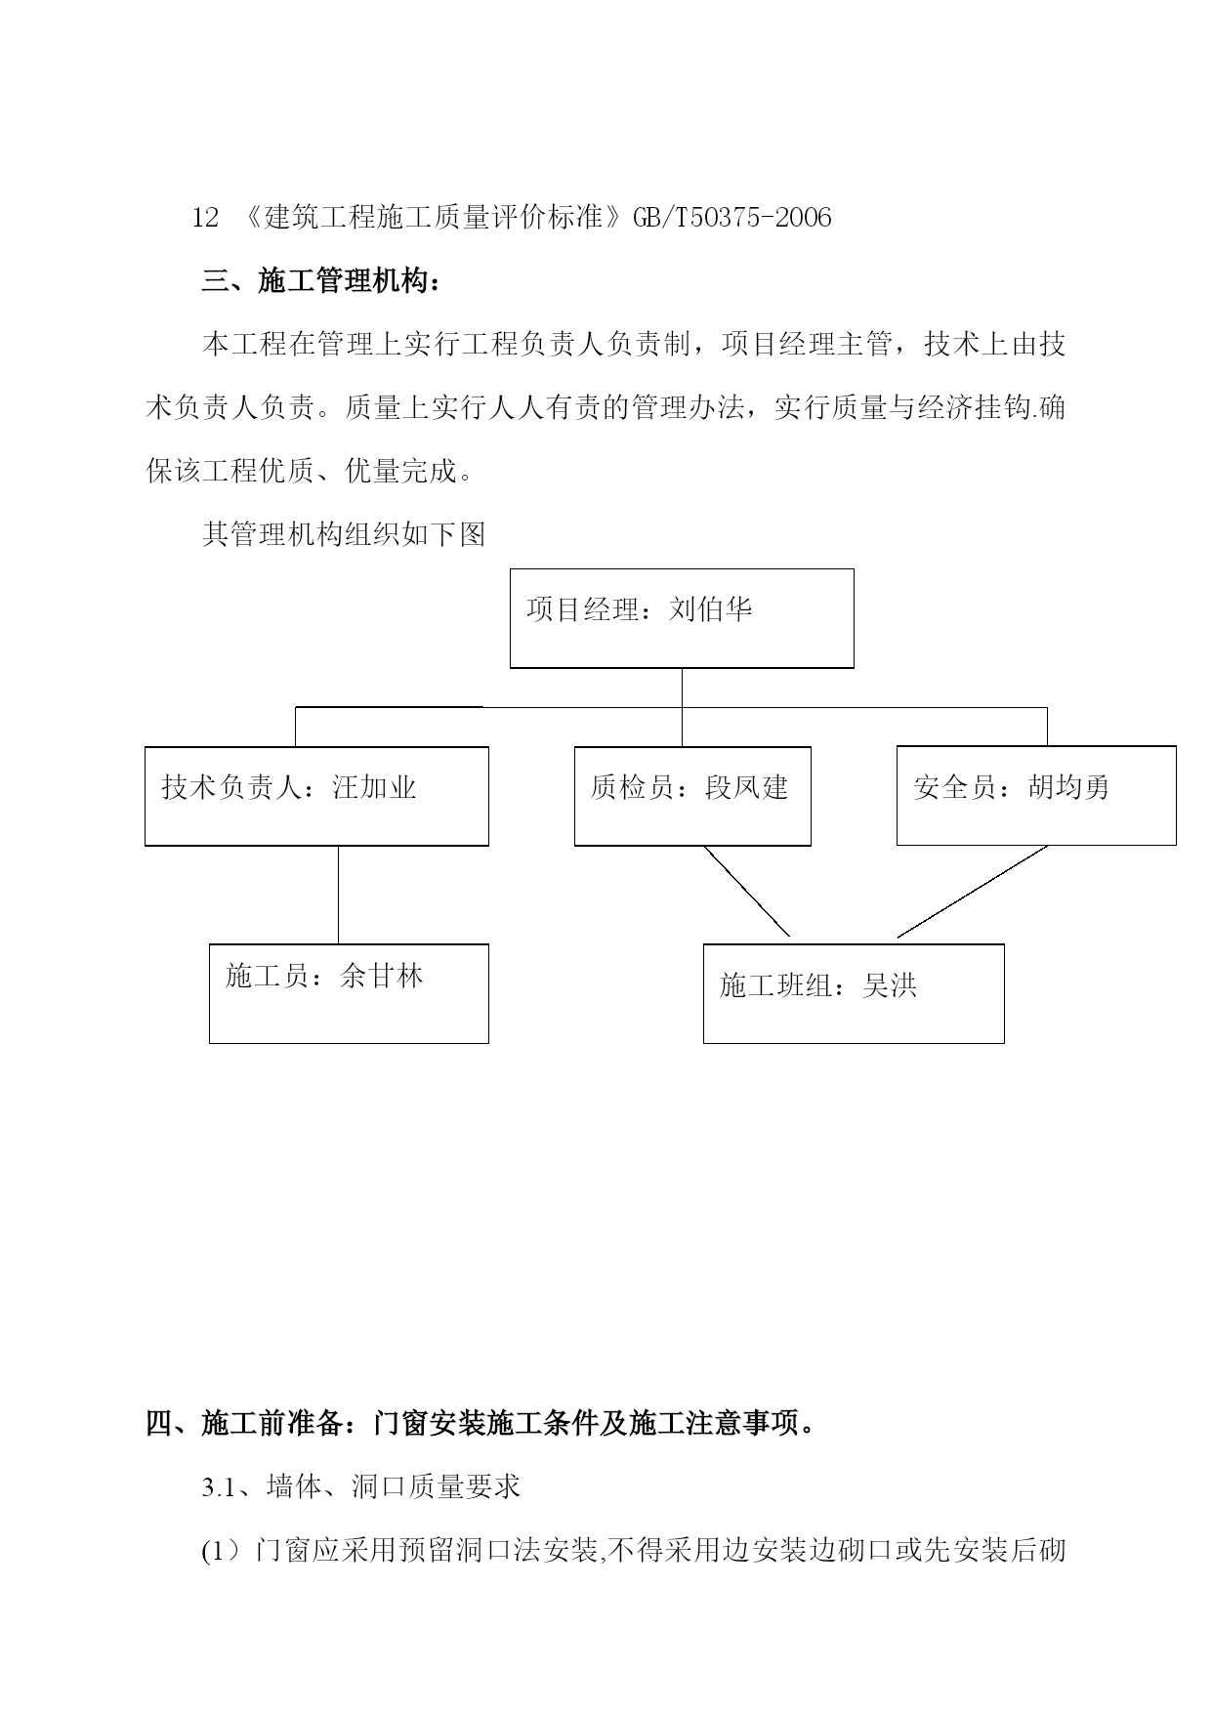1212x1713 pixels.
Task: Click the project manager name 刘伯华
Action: (x=711, y=610)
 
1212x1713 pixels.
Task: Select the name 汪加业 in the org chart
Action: (x=375, y=787)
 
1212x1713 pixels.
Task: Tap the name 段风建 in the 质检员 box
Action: (x=746, y=787)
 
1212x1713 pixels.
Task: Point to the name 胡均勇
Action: (x=1068, y=787)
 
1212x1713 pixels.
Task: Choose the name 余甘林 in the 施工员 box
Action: (x=381, y=976)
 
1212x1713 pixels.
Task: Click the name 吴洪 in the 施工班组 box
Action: (x=890, y=985)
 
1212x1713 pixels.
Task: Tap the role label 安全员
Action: (x=955, y=787)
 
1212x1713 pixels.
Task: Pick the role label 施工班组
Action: (x=776, y=985)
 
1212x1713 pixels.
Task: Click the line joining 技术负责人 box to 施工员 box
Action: (x=339, y=895)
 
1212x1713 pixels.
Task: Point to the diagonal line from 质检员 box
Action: (x=747, y=891)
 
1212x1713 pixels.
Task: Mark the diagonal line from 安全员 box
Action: (x=973, y=892)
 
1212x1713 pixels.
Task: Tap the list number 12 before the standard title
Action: (x=205, y=217)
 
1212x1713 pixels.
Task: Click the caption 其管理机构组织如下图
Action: (x=344, y=534)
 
